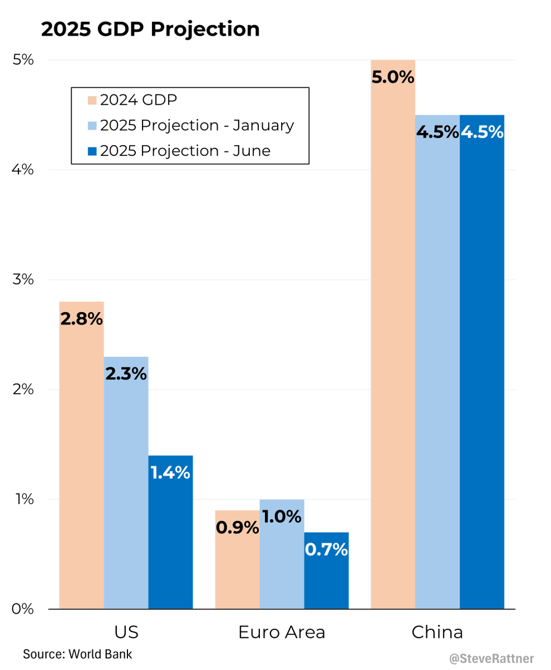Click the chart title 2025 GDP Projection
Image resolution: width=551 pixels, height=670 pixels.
[150, 29]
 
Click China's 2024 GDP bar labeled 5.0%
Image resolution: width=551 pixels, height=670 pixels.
[393, 335]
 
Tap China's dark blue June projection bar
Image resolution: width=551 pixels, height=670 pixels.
[482, 363]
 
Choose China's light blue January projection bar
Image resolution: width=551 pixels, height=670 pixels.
[438, 363]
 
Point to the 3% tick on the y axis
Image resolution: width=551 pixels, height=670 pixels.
[23, 279]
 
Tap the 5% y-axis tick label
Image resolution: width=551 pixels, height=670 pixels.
[23, 60]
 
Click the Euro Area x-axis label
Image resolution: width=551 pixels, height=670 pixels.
[282, 633]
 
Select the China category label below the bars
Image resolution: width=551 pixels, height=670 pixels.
[438, 633]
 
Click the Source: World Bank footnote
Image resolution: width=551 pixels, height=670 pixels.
[78, 654]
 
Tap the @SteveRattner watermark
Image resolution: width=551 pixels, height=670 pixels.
[491, 659]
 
